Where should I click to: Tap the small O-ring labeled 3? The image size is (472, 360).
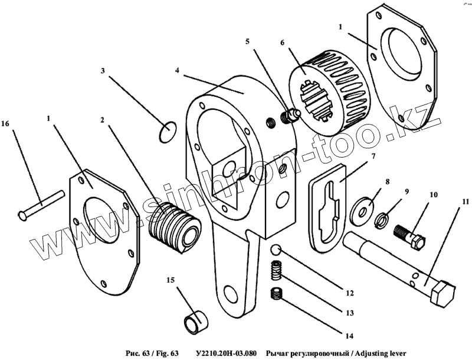pyautogui.click(x=168, y=132)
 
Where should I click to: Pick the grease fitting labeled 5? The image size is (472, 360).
pyautogui.click(x=289, y=116)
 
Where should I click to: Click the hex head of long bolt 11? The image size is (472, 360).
pyautogui.click(x=442, y=292)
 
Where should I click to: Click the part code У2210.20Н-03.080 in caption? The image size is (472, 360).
pyautogui.click(x=225, y=353)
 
